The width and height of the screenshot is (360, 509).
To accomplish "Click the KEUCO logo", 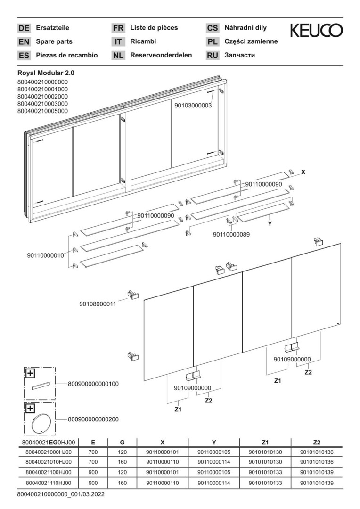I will pos(316,32).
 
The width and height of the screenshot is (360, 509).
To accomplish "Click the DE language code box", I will pos(24,28).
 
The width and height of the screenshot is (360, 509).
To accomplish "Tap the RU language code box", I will pos(213,56).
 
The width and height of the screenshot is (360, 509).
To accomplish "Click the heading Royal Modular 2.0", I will pos(46,73).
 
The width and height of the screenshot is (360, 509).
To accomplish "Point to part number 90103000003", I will pos(193,106).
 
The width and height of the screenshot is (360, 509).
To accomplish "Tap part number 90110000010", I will pos(45,255).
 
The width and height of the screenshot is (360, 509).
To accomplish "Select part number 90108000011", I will pos(97,304).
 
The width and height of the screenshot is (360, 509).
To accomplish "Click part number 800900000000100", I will pos(93,384).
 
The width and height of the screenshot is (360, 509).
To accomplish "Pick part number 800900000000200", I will pos(93,419).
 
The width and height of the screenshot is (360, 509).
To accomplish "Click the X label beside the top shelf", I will pos(303,172).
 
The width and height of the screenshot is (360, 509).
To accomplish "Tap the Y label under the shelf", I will pos(270,224).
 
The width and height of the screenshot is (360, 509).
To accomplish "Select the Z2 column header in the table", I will pos(317,443).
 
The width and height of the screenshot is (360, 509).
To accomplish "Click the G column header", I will pos(122,443).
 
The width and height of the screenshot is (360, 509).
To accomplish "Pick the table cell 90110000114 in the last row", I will pos(214,483).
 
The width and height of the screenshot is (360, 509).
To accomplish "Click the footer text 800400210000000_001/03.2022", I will pos(61,495).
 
